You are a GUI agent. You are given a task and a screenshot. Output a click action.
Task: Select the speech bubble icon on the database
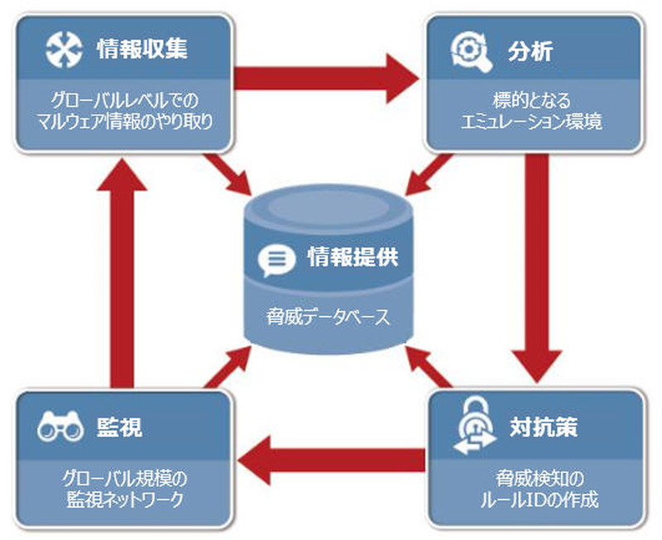click(x=276, y=260)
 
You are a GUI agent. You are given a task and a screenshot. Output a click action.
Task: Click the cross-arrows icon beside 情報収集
click(x=63, y=50)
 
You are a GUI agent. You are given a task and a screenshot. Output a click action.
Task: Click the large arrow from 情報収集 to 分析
click(x=327, y=79)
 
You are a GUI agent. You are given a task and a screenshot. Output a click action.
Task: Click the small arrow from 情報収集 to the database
click(x=232, y=174)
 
